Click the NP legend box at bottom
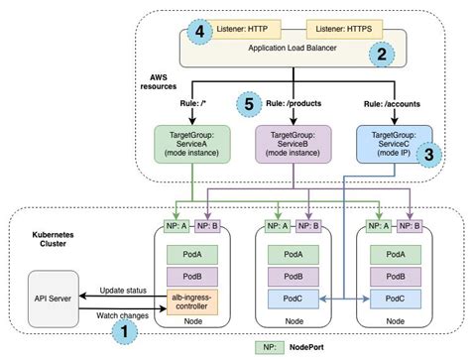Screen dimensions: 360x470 269,347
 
